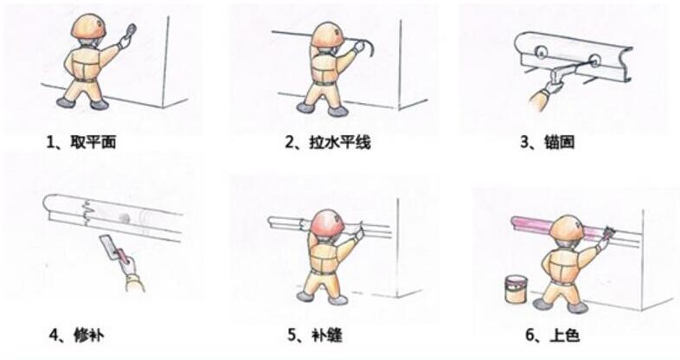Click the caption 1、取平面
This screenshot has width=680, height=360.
tap(80, 141)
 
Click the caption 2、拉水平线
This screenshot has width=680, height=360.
tap(327, 141)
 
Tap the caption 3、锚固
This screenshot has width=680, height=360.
tap(547, 141)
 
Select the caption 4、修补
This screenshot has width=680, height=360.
tap(80, 332)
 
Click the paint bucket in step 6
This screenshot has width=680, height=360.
tap(516, 289)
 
